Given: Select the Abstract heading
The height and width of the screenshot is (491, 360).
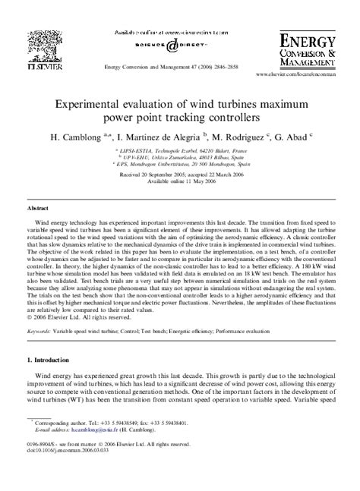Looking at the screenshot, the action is pos(39,206).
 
